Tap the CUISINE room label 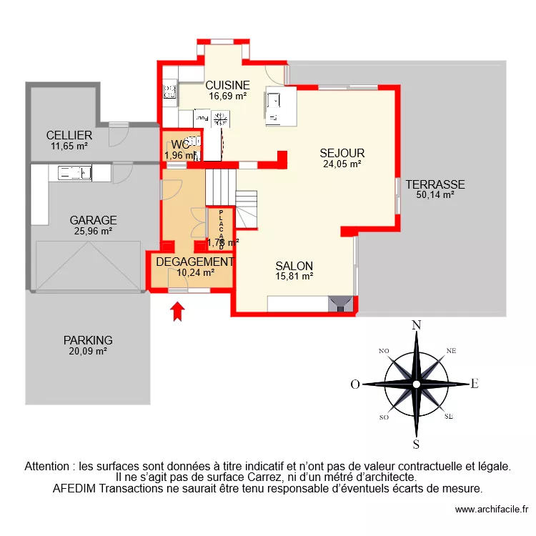227,84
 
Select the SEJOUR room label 342,153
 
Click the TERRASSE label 435,184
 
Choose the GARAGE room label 93,220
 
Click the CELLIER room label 69,135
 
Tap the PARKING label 88,340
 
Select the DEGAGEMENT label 194,262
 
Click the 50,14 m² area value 435,194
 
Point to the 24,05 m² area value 342,164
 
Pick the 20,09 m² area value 88,351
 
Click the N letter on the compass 416,326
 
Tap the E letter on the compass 474,384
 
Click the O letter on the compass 354,384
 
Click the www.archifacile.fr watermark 490,510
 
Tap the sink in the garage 74,172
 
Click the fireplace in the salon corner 339,304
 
